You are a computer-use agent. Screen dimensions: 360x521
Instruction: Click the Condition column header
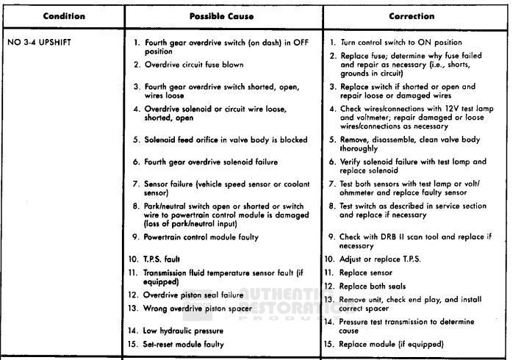click(64, 16)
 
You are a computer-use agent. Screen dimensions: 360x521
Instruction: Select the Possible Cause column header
click(222, 16)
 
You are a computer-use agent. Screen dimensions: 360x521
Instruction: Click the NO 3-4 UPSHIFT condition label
click(40, 42)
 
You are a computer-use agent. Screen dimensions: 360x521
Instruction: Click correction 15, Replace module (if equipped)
click(392, 344)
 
